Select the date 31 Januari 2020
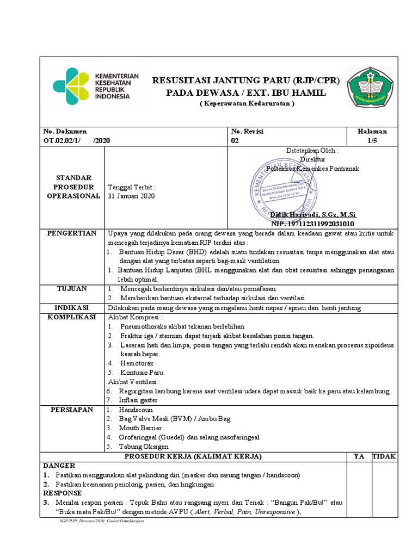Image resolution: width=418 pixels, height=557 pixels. [132, 196]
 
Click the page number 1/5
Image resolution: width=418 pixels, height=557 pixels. [372, 140]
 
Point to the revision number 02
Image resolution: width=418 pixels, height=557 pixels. [235, 140]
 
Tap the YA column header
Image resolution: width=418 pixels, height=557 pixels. [359, 456]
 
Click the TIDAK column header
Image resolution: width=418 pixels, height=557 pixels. [384, 456]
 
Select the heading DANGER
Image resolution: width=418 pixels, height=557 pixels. [59, 466]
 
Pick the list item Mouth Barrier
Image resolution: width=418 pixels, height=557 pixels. [141, 428]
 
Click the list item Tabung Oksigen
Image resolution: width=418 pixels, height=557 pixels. [144, 447]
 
